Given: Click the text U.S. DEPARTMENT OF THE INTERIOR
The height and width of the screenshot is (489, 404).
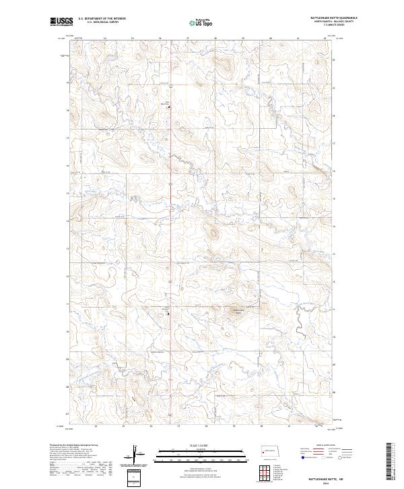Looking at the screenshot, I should [x=102, y=19].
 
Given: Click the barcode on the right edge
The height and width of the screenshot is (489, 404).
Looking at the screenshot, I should [x=390, y=462].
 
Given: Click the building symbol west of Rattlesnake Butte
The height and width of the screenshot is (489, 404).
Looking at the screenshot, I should [x=168, y=313].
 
